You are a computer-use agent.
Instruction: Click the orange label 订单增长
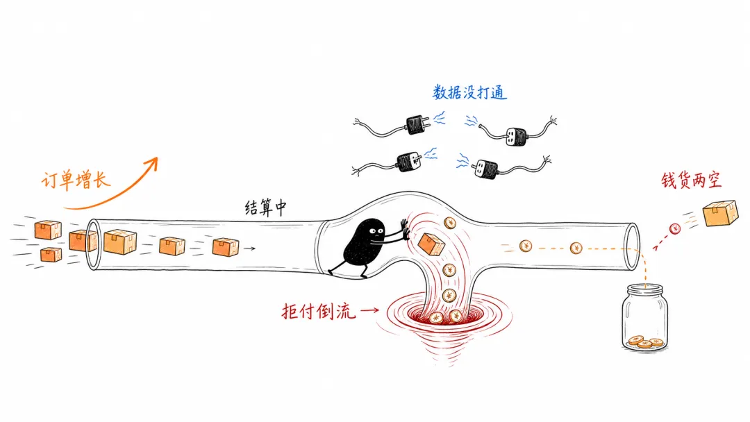pos(76,180)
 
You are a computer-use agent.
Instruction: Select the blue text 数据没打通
pos(469,92)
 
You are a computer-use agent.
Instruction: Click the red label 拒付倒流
pos(319,312)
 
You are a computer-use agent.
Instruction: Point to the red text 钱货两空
pos(691,180)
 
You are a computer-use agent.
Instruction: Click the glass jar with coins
pos(644,318)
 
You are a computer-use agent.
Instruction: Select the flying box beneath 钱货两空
pos(720,213)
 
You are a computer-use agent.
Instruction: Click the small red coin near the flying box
pos(675,229)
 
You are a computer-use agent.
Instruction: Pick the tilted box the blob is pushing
pos(431,244)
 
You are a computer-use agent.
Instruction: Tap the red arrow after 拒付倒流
pos(369,310)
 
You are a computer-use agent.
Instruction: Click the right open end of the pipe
pos(633,246)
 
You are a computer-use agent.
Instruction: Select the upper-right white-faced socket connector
pos(516,137)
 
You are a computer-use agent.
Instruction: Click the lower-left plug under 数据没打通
pos(410,162)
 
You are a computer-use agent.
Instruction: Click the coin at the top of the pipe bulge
pos(449,223)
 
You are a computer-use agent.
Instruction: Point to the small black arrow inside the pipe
pos(249,248)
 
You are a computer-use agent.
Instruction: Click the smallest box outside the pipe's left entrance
pos(51,255)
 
